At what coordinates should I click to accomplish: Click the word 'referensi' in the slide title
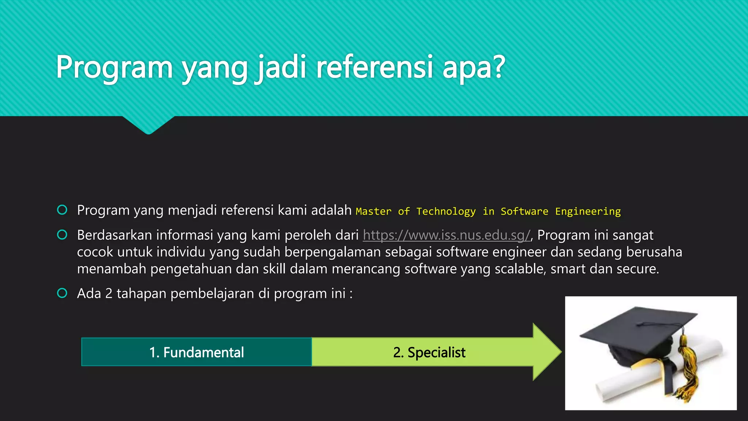pos(374,67)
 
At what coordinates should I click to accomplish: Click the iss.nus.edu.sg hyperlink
pos(446,235)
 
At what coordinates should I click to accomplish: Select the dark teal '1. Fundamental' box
pos(196,352)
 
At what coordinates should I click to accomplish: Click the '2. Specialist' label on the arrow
pos(429,352)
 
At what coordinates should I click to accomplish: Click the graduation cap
pos(639,333)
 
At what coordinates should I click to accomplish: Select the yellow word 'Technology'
pos(446,211)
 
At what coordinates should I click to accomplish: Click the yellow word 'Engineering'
pos(588,211)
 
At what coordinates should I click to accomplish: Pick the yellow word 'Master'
pos(373,211)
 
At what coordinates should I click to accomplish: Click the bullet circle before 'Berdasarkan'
pos(62,235)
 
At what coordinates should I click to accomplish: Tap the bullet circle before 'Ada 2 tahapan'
pos(62,293)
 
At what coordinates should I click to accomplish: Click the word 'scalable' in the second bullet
pos(520,269)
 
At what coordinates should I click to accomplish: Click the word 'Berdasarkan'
pos(114,235)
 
